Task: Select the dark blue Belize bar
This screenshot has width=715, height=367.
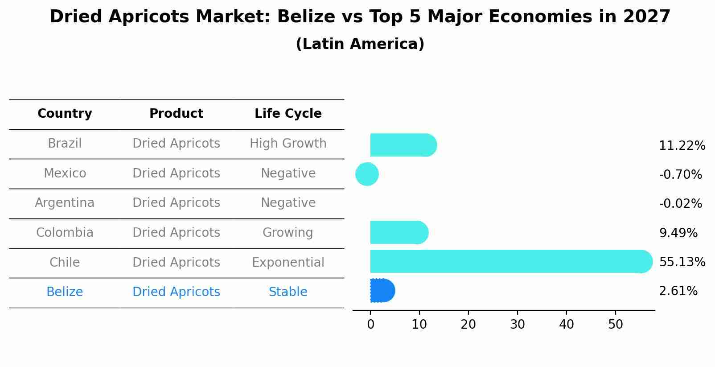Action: point(382,291)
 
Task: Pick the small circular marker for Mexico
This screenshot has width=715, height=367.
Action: point(367,174)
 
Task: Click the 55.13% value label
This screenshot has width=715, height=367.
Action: point(682,262)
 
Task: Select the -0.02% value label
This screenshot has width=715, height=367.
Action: point(680,204)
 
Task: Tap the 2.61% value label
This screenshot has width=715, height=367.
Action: point(678,291)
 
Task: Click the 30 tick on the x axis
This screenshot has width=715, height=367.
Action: point(517,325)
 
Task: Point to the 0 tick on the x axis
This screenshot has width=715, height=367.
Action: point(370,325)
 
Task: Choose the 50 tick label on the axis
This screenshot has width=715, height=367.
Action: point(615,325)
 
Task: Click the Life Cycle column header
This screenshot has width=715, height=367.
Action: point(288,114)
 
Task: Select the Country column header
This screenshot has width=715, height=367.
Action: point(65,114)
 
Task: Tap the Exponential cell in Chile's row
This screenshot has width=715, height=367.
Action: point(288,262)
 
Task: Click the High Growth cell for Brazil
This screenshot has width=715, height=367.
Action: point(288,144)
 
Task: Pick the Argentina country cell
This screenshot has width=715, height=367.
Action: point(65,203)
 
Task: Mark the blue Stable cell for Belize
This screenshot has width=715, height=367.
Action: point(288,292)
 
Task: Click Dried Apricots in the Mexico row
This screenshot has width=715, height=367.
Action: point(176,173)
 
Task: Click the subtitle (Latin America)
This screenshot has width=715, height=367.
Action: point(360,44)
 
